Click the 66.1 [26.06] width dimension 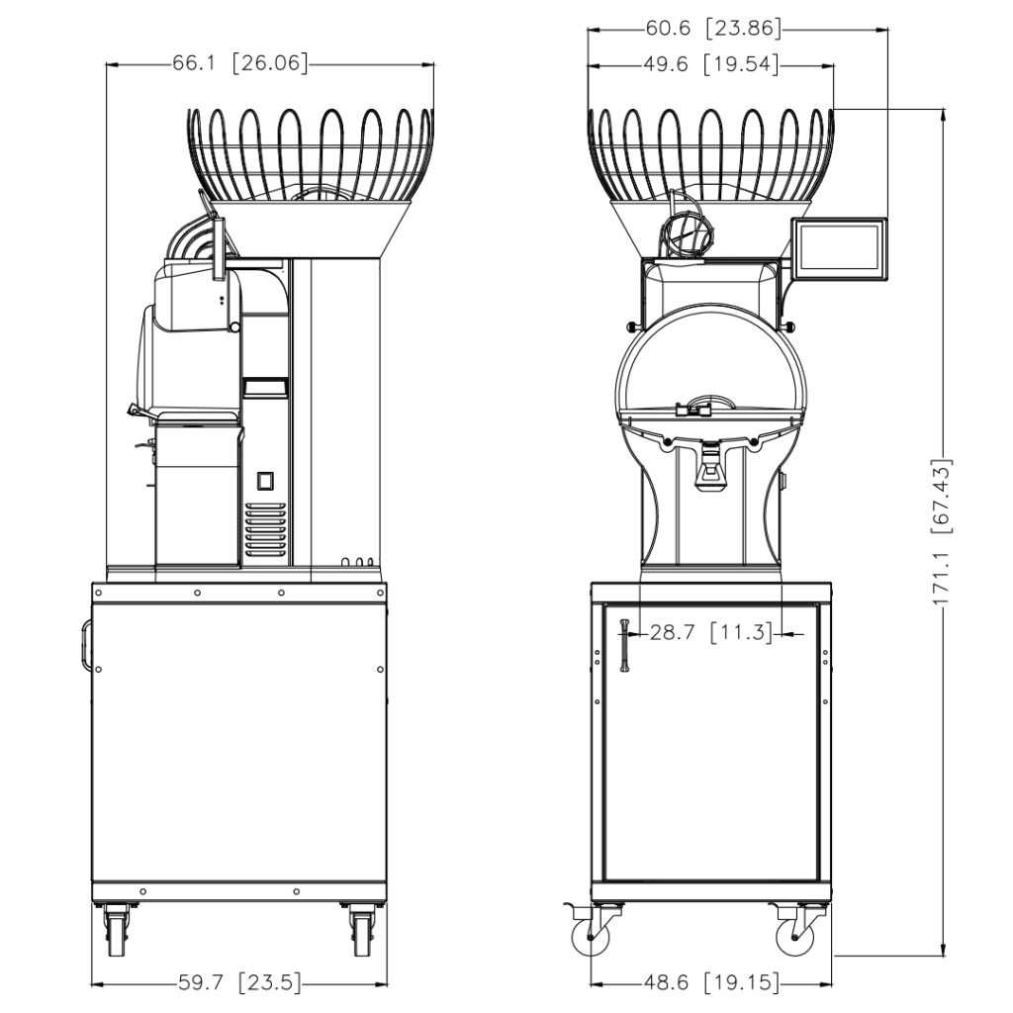(240, 63)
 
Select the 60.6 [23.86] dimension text (714, 29)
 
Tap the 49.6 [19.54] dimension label (711, 64)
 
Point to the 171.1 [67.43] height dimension (943, 531)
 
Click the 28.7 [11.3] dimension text (711, 632)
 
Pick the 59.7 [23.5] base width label (239, 983)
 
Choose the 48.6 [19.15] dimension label (711, 983)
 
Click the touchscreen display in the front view (840, 248)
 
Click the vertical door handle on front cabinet (625, 645)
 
